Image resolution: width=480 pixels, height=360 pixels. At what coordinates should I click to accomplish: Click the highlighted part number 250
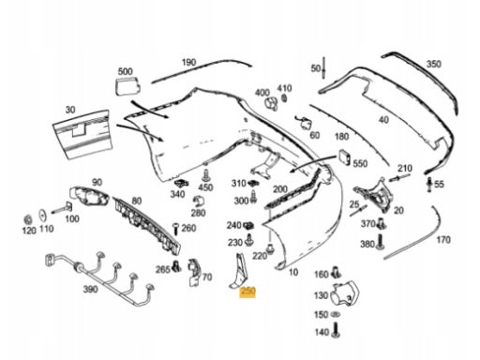[x=247, y=292]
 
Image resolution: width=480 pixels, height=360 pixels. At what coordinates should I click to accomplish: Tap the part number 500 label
[x=125, y=71]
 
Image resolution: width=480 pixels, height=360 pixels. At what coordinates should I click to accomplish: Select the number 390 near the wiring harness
[x=90, y=290]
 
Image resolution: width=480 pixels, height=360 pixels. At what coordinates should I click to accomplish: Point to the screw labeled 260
[x=175, y=229]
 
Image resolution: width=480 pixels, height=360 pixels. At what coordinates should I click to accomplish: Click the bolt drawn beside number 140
[x=336, y=331]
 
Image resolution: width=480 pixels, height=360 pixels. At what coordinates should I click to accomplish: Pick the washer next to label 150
[x=336, y=314]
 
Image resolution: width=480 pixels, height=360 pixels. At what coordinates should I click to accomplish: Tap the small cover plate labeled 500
[x=127, y=86]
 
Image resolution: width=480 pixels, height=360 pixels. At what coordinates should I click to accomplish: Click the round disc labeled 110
[x=43, y=216]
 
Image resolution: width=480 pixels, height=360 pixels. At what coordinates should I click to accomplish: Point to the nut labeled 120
[x=28, y=219]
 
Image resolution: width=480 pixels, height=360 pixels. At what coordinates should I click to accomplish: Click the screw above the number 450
[x=206, y=175]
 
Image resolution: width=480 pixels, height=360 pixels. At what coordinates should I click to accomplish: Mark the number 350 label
[x=434, y=64]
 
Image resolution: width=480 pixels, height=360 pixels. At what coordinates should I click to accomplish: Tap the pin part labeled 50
[x=323, y=67]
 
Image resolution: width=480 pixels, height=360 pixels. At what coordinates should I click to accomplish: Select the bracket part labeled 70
[x=194, y=272]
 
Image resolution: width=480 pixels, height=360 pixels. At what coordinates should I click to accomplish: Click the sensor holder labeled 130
[x=345, y=293]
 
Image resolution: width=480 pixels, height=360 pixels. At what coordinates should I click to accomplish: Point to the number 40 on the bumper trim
[x=383, y=120]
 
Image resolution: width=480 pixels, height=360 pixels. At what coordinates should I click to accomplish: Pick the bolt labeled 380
[x=381, y=242]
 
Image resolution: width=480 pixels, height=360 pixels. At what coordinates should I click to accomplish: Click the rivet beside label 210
[x=399, y=177]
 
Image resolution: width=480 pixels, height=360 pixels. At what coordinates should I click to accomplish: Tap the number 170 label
[x=443, y=240]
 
